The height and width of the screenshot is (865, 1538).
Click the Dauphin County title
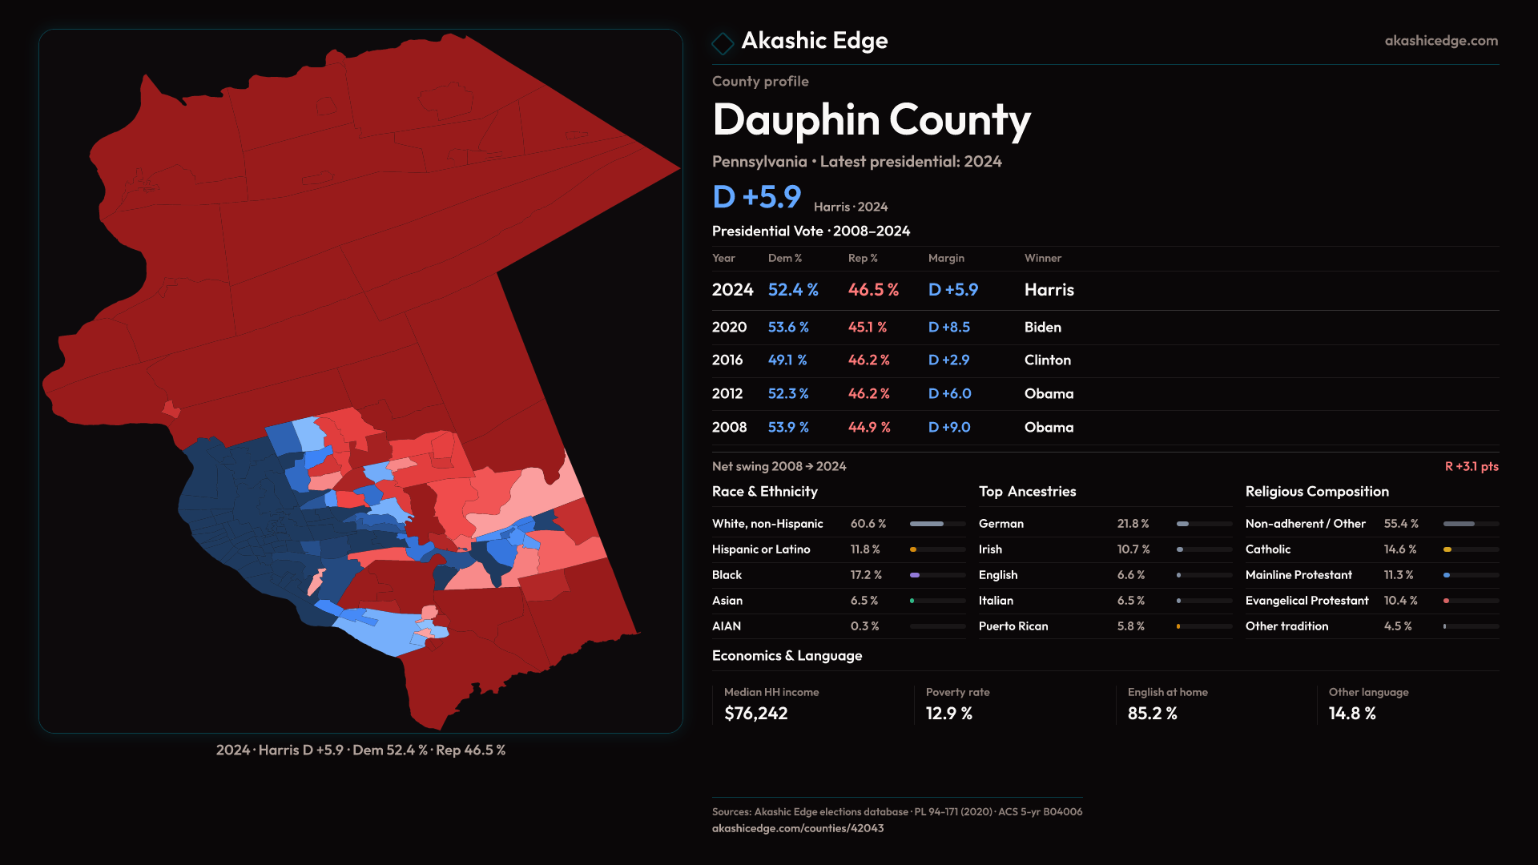coord(871,120)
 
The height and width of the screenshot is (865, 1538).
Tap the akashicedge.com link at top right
coord(1440,41)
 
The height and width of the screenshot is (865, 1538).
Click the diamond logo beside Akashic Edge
coord(723,43)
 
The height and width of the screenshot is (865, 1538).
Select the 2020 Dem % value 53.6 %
coord(788,328)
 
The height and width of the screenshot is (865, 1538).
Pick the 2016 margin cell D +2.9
coord(948,360)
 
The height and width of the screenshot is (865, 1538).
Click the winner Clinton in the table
coord(1047,360)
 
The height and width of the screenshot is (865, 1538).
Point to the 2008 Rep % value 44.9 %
coord(869,428)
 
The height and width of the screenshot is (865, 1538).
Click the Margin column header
coord(946,258)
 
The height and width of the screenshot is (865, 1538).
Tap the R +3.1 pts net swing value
coord(1471,467)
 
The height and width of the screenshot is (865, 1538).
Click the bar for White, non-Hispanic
coord(937,524)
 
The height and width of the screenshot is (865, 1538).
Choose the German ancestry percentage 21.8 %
coord(1133,524)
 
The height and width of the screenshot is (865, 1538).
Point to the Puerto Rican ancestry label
coord(1013,626)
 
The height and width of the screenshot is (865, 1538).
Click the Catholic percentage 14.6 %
coord(1399,549)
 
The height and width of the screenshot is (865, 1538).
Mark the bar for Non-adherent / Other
coord(1470,524)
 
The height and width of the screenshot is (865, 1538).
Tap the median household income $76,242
coord(755,714)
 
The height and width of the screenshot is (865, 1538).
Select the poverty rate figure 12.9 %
coord(948,714)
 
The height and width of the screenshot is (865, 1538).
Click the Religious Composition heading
coord(1317,492)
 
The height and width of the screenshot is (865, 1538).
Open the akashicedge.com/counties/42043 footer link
coord(797,828)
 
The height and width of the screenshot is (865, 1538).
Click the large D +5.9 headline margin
coord(756,197)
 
